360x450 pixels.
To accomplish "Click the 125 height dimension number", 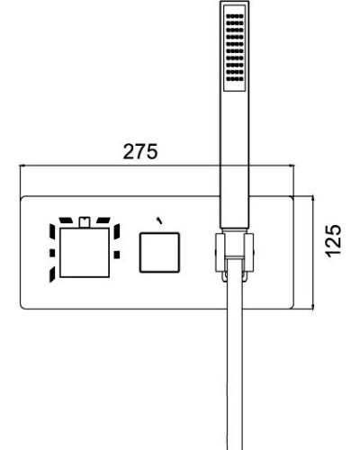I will coord(333,240).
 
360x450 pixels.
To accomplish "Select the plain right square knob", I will coord(159,251).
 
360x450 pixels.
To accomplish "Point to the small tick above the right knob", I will coord(159,218).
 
